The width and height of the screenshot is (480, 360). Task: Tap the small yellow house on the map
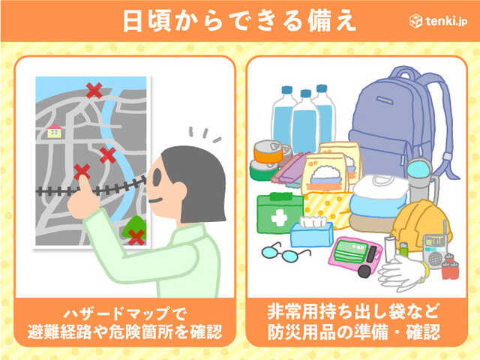coord(55,130)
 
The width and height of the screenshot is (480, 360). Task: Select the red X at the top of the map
coord(94,91)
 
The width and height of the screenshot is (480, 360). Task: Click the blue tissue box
coord(311,231)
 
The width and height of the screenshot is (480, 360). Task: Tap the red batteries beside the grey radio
coord(450,267)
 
